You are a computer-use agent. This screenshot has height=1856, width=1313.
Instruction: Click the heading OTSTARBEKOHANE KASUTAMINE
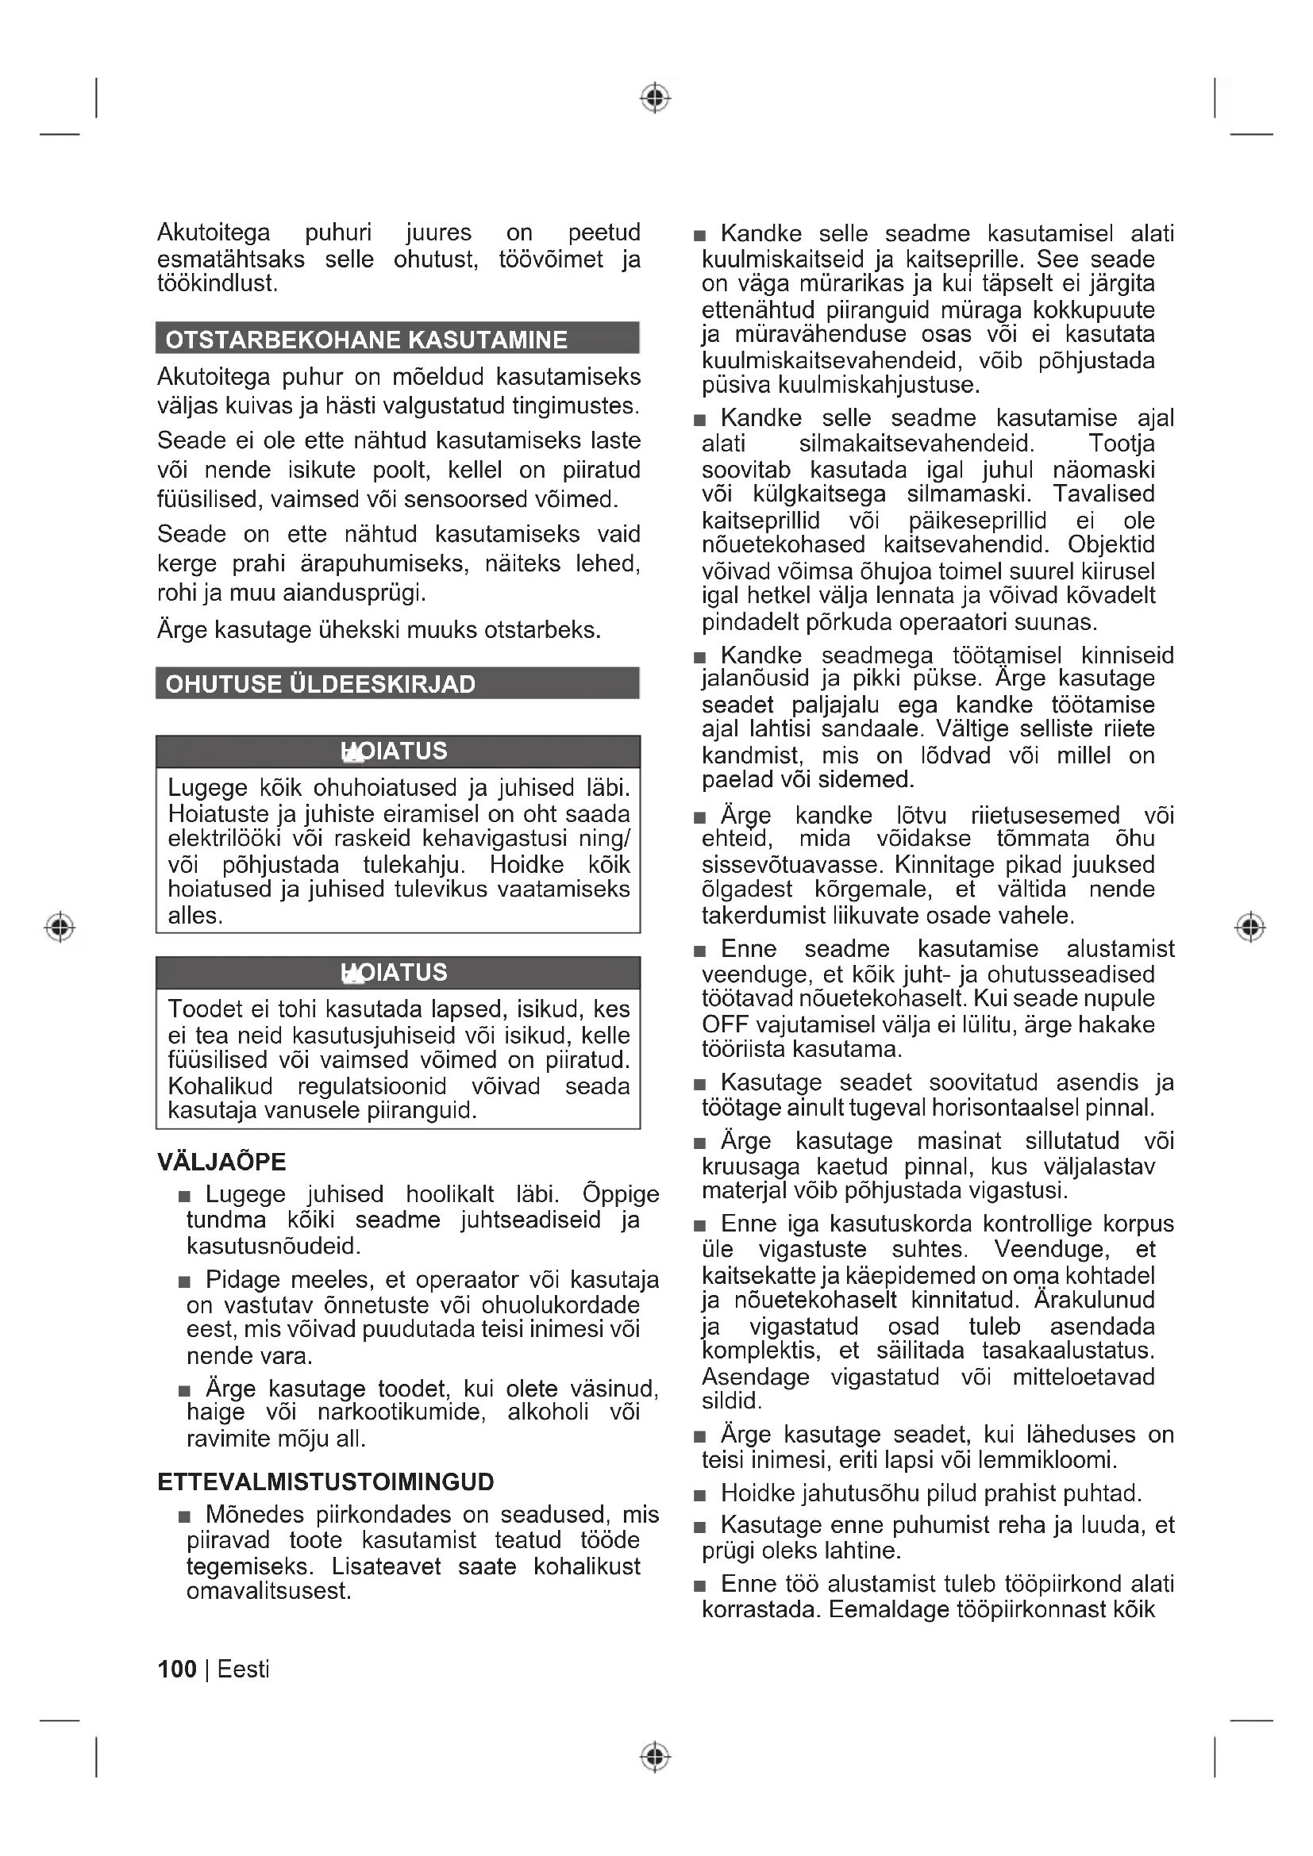pyautogui.click(x=366, y=340)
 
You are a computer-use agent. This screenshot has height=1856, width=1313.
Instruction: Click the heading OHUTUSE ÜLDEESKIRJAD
pyautogui.click(x=320, y=684)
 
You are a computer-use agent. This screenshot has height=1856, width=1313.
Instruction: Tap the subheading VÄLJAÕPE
pyautogui.click(x=221, y=1162)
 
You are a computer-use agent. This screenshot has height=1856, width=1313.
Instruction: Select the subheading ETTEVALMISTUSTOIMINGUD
pyautogui.click(x=325, y=1481)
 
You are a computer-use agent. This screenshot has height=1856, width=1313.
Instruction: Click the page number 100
pyautogui.click(x=177, y=1670)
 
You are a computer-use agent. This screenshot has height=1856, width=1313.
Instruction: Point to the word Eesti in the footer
pyautogui.click(x=244, y=1670)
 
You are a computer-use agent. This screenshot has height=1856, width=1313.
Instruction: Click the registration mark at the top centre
pyautogui.click(x=655, y=98)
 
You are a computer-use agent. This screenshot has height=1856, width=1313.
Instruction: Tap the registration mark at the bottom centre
pyautogui.click(x=655, y=1757)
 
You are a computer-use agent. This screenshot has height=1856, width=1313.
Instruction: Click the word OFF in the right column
pyautogui.click(x=726, y=1025)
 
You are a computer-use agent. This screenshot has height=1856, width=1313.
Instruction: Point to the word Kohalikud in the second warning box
pyautogui.click(x=220, y=1086)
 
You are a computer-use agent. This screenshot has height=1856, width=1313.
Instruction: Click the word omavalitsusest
pyautogui.click(x=268, y=1592)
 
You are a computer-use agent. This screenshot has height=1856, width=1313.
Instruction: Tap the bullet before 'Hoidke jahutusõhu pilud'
pyautogui.click(x=700, y=1496)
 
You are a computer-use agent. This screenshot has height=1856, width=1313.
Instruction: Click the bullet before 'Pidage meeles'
pyautogui.click(x=185, y=1282)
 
